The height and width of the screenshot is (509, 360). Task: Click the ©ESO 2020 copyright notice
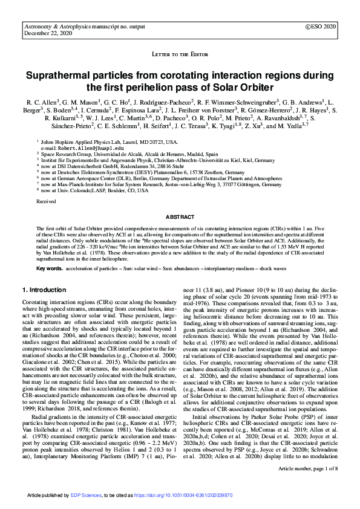point(321,27)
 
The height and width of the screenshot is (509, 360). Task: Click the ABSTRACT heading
point(180,216)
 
